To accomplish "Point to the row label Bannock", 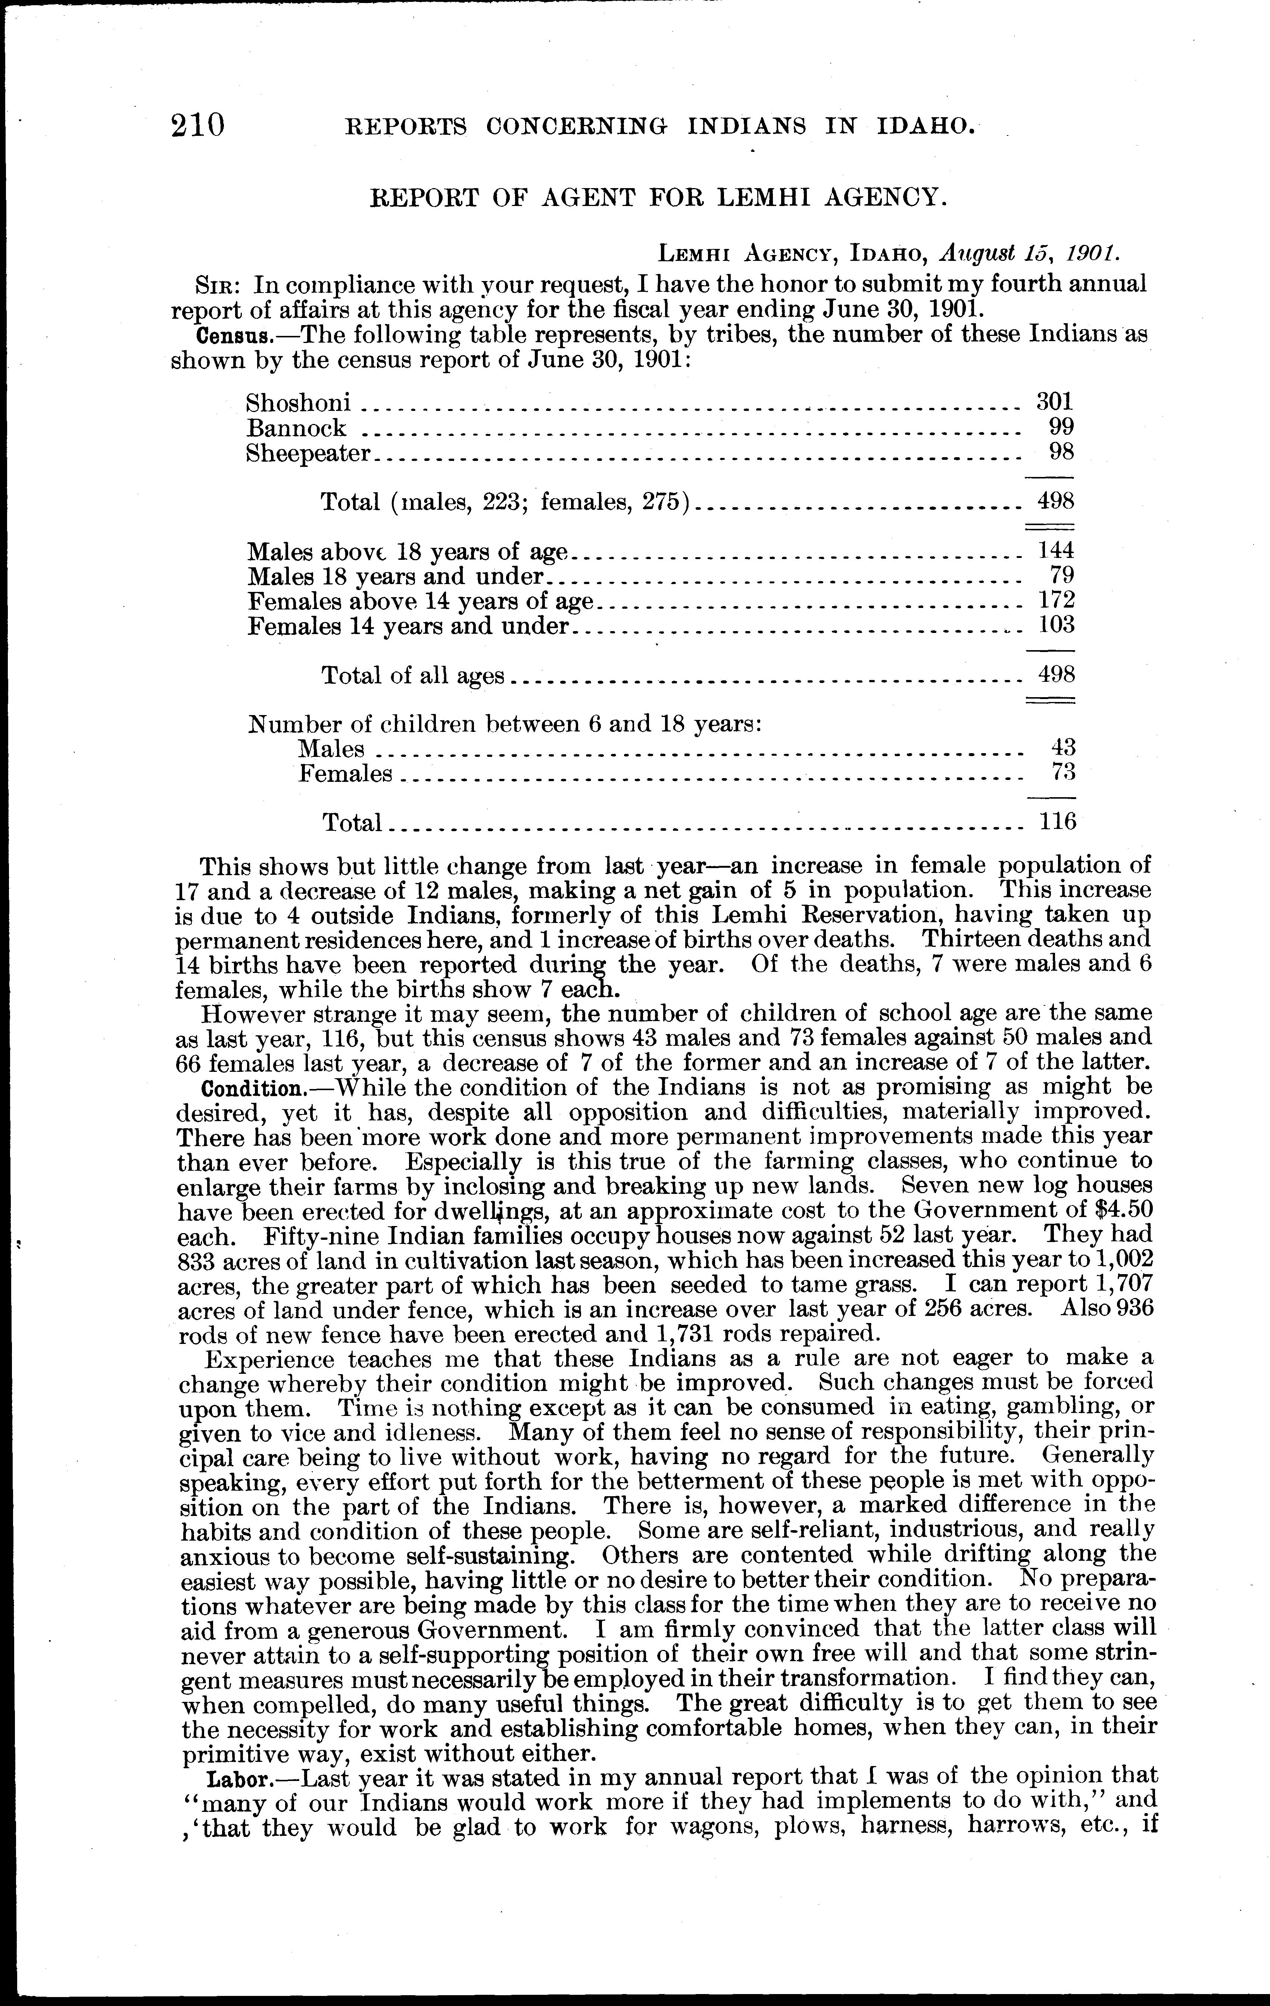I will [296, 428].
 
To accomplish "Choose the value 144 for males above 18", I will [1056, 550].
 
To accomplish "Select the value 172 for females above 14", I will [1056, 600].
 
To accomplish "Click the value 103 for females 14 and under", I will [1056, 625].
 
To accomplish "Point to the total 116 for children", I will [1058, 822].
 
